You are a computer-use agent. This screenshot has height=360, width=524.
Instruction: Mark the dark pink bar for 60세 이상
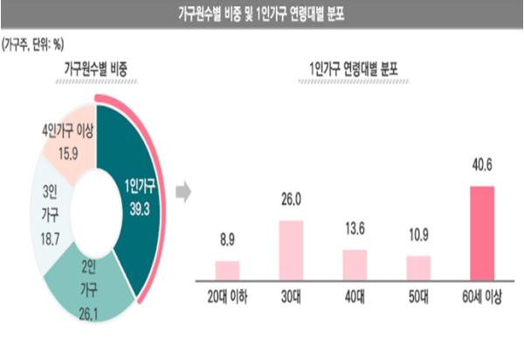pos(481,235)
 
